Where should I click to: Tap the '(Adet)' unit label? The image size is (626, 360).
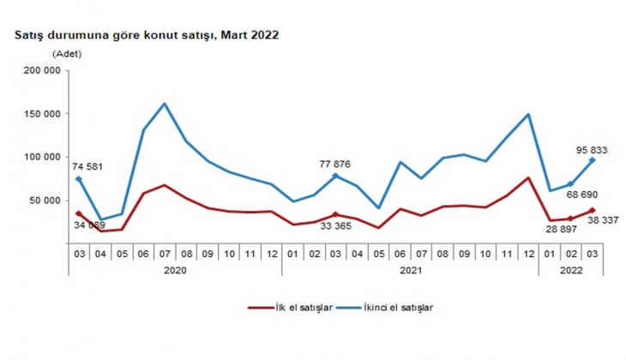click(68, 53)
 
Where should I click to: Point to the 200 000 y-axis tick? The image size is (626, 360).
click(40, 71)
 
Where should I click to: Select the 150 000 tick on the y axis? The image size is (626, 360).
click(40, 114)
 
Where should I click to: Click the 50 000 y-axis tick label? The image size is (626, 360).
click(43, 201)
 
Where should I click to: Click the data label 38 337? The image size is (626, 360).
click(587, 219)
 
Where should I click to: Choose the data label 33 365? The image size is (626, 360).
click(336, 227)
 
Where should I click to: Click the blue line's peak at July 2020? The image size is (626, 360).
click(164, 104)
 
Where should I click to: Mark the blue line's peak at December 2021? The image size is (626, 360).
click(528, 114)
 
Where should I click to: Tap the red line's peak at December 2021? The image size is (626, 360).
click(528, 177)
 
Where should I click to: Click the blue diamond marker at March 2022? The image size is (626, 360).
click(592, 159)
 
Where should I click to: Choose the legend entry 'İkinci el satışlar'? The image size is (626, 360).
click(386, 307)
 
